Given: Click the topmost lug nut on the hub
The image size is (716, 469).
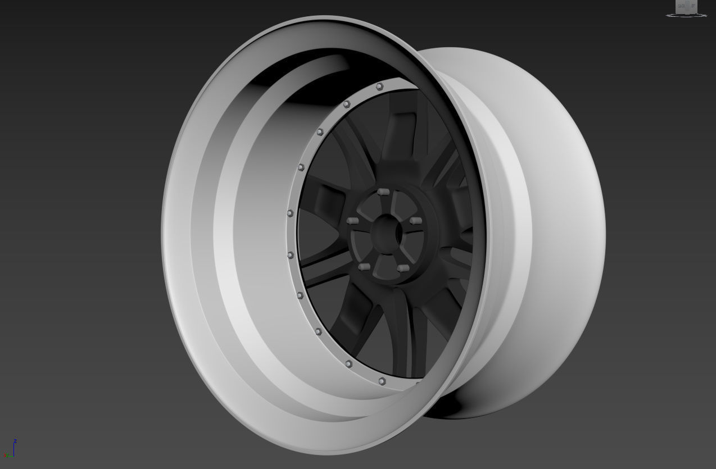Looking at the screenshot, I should click(x=383, y=192).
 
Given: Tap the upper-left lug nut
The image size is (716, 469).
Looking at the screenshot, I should click(x=353, y=221).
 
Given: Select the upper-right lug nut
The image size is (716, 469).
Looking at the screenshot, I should click(x=416, y=220).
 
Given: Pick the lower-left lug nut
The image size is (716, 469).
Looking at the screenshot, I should click(x=364, y=266).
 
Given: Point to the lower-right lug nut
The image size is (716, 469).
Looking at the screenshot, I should click(x=402, y=268).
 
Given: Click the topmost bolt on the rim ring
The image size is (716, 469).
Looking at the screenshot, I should click(x=379, y=86).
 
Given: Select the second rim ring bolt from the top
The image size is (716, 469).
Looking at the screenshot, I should click(x=347, y=104).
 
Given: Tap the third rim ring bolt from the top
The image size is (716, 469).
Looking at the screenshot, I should click(x=320, y=133).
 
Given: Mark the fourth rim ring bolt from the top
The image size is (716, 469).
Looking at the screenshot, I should click(x=301, y=167).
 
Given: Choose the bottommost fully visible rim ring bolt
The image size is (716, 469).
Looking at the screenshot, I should click(x=382, y=381).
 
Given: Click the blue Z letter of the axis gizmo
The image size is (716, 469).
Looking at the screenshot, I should click(x=15, y=441).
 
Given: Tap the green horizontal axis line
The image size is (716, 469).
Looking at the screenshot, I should click(x=9, y=456).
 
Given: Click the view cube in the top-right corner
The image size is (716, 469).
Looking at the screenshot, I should click(x=686, y=7).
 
